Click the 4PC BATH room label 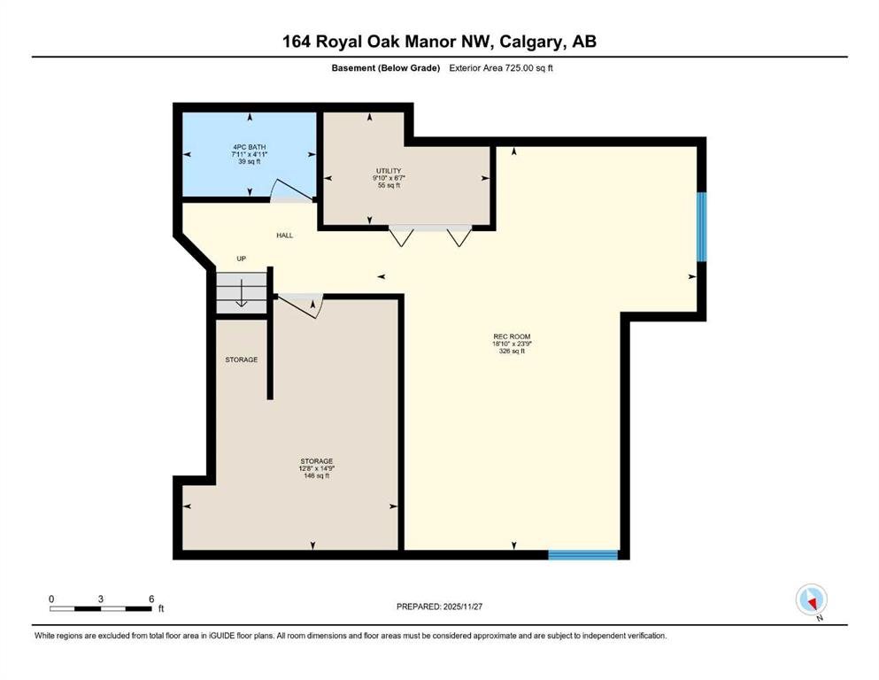(250, 147)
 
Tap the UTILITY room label (389, 171)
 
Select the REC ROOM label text (512, 336)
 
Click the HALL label (285, 236)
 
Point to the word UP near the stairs (241, 259)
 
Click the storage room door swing (301, 306)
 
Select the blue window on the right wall (701, 227)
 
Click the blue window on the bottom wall (583, 554)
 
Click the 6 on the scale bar (151, 599)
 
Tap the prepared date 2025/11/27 (462, 607)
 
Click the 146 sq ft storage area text (316, 475)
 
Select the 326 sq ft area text (512, 351)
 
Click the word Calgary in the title (531, 42)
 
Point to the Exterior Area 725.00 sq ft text (501, 68)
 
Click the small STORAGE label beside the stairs (242, 359)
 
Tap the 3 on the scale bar (101, 599)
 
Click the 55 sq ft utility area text (389, 185)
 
